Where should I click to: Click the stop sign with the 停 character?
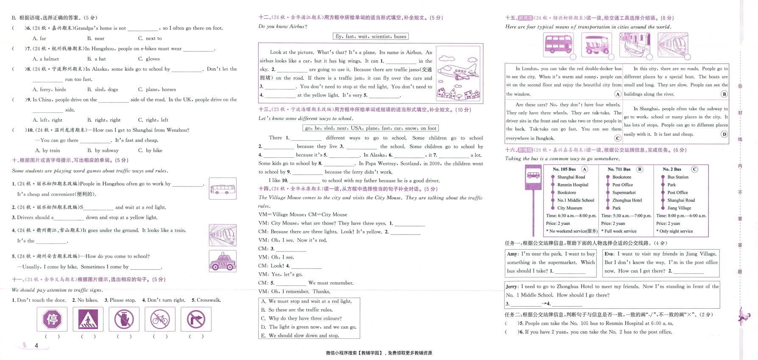tap(52, 319)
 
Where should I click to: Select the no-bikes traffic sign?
tap(160, 319)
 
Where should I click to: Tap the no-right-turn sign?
tap(196, 319)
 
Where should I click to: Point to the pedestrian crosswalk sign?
tap(88, 319)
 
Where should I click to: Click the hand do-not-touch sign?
tap(124, 319)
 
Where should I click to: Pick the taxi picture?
tap(223, 261)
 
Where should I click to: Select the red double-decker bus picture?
tap(559, 45)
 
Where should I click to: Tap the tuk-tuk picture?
tap(596, 45)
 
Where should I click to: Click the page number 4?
tap(36, 346)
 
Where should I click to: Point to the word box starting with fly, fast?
tap(371, 36)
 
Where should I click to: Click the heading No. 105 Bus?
tap(564, 169)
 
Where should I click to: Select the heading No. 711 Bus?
tap(619, 169)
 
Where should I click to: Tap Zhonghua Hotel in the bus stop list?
tap(627, 200)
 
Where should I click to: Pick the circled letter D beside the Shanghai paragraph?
tap(724, 134)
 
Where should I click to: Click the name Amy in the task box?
tap(512, 254)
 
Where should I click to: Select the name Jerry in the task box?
tap(512, 287)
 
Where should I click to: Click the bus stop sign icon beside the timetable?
tap(533, 177)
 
